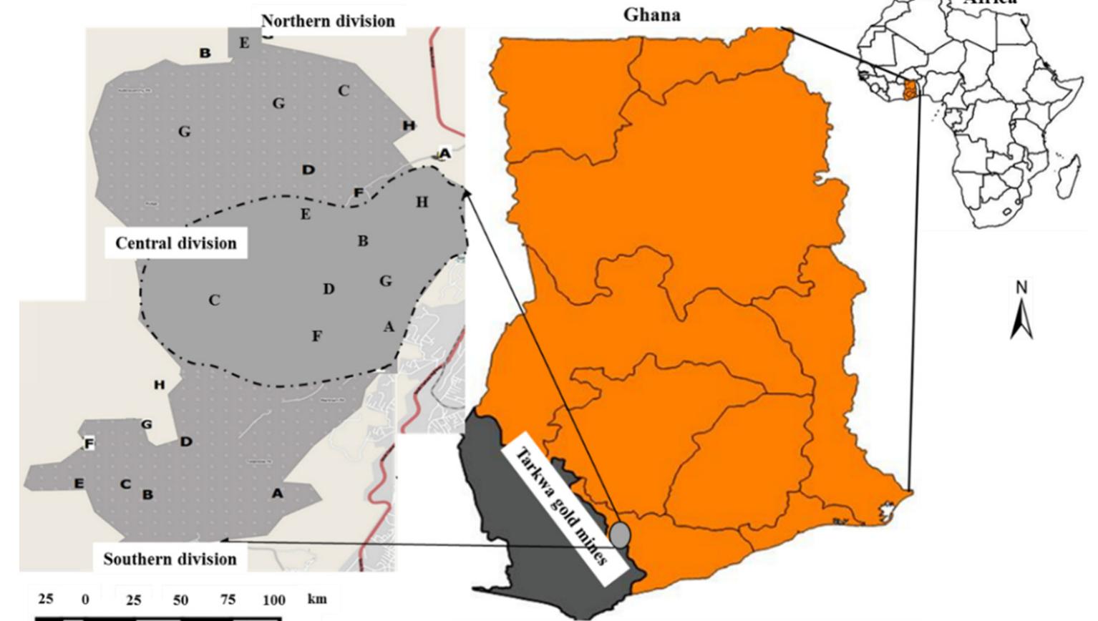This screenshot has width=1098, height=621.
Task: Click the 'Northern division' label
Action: point(328,21)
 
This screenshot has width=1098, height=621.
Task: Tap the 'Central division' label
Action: point(175,243)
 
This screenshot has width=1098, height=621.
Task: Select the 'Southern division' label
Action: point(170,559)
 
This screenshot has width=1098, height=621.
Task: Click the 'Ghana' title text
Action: point(651,14)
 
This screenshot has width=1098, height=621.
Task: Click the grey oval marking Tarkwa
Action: point(620,534)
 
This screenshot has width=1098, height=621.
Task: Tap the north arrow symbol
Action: point(1021,319)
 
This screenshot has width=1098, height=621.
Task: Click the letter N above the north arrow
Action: point(1021,288)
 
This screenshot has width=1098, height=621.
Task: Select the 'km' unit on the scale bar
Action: point(317,598)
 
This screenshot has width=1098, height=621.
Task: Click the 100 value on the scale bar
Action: point(273,600)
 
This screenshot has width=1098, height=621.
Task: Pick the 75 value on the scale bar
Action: point(228,600)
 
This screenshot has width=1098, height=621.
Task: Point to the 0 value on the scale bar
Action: point(85,600)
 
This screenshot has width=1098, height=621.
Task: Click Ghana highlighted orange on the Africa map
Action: point(910,90)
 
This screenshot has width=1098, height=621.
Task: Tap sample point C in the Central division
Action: point(214,300)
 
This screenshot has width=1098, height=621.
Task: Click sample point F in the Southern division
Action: point(89,444)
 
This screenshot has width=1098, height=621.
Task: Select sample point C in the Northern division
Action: point(344,91)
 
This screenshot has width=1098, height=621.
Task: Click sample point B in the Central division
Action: point(363,241)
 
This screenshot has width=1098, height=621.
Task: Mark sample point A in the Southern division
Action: point(277,493)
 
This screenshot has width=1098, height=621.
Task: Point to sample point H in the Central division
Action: point(422,202)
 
